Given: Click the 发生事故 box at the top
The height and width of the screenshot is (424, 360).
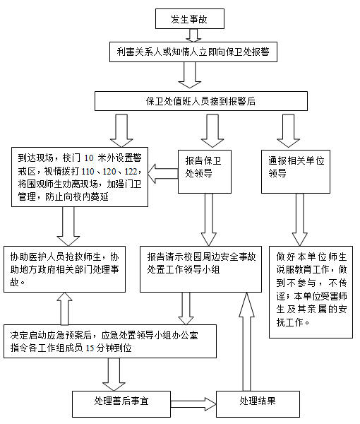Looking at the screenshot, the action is tap(190, 18).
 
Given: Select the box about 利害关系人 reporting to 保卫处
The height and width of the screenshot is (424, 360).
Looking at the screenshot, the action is tap(193, 52).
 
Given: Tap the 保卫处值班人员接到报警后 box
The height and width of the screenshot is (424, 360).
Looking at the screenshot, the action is tap(201, 101).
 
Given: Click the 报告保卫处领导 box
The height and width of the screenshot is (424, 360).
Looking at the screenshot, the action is tap(205, 172).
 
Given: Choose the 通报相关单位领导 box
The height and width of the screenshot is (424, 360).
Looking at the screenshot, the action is tap(296, 172).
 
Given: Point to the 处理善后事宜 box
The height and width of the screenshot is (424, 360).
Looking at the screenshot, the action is tap(121, 404).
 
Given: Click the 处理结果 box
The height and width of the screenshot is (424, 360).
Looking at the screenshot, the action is tap(258, 404).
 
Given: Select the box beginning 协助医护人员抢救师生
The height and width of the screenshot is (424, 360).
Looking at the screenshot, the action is tap(64, 269).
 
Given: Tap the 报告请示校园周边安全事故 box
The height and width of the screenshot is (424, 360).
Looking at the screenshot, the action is tap(200, 269).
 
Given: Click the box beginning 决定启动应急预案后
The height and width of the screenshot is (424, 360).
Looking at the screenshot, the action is tap(110, 341).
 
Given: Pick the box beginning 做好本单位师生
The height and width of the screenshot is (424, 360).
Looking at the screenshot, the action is tap(311, 292).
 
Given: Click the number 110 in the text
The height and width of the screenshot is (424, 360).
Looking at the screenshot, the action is tap(88, 171).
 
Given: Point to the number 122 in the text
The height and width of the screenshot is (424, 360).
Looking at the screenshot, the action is tap(131, 171).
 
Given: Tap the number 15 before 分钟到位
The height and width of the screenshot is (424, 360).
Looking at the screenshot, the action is tap(90, 348).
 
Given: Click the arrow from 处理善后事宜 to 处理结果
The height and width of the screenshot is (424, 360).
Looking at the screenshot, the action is tap(193, 404).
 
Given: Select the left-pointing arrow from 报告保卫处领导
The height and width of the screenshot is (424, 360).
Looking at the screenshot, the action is tap(163, 174).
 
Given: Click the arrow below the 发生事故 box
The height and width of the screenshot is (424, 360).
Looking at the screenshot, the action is tap(193, 35).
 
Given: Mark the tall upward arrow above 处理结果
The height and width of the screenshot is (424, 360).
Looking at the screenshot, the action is tap(246, 341).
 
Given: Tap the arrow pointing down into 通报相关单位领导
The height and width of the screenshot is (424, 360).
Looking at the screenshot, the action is tap(289, 131).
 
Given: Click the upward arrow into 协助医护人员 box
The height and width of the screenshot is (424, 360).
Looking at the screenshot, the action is tap(64, 309).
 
